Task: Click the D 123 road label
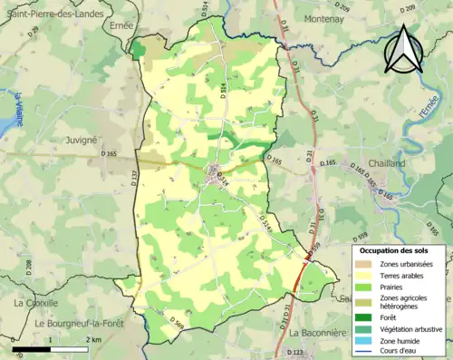pos(295,353)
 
